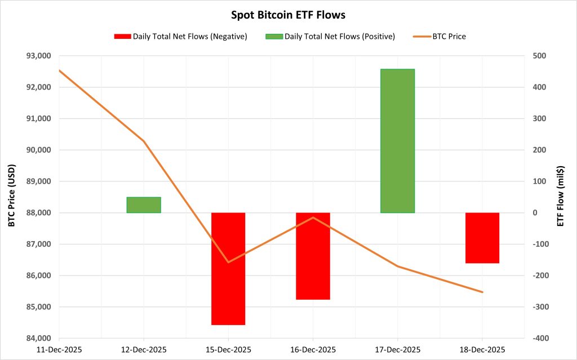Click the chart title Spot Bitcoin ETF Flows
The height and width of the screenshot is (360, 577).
click(288, 15)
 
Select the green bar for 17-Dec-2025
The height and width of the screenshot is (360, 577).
click(397, 141)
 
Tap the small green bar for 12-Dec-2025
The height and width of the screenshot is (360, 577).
click(144, 205)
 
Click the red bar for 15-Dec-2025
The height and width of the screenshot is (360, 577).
click(228, 269)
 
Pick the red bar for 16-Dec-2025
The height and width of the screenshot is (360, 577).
click(313, 256)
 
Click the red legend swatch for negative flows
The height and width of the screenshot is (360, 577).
click(122, 37)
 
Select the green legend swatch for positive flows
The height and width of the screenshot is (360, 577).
click(273, 37)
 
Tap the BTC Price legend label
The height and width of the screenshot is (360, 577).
click(449, 37)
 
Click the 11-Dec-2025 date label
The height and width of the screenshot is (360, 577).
click(59, 350)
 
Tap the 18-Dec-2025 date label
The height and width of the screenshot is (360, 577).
click(482, 350)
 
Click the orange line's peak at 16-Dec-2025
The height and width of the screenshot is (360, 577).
click(313, 217)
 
